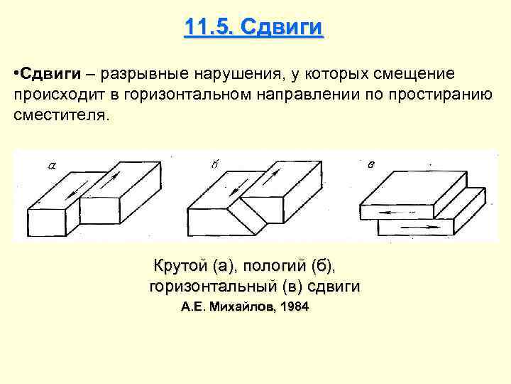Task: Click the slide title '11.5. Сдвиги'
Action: click(x=253, y=28)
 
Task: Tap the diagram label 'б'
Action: click(x=214, y=165)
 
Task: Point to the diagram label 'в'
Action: click(x=371, y=165)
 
